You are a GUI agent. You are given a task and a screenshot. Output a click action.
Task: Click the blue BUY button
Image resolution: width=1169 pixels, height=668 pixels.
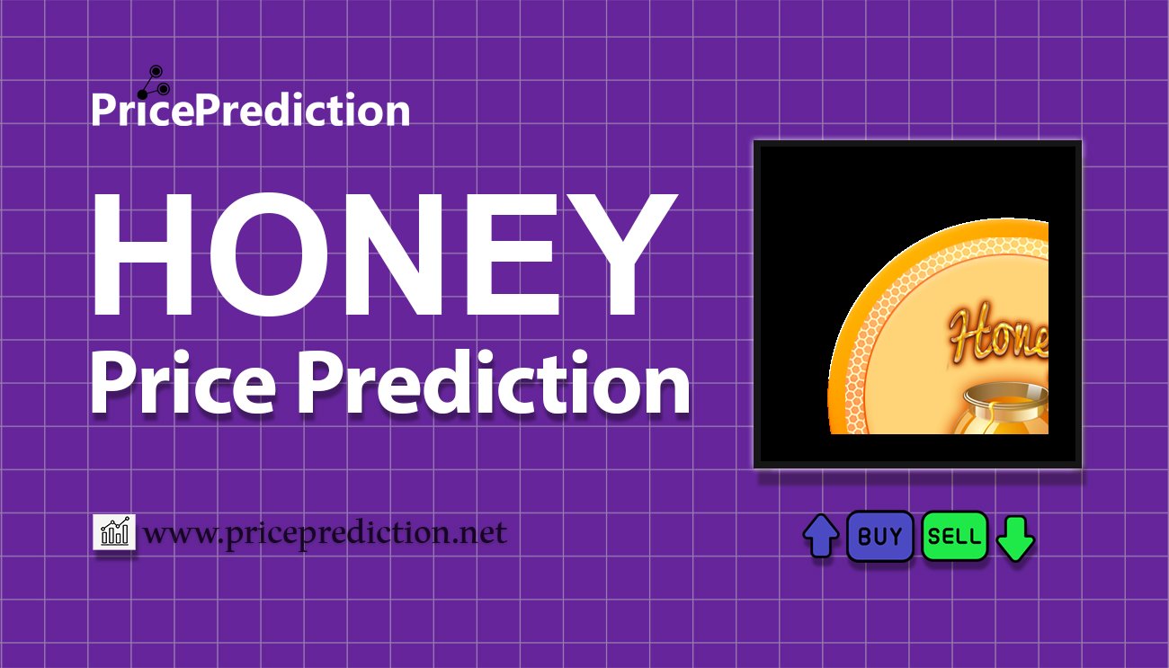(879, 537)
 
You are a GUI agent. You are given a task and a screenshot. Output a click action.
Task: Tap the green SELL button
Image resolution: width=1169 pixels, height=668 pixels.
(954, 537)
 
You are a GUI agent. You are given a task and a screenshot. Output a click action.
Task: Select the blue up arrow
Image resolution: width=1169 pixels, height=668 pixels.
(820, 537)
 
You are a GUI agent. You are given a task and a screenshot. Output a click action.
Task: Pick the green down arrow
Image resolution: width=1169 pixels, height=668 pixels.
(1016, 538)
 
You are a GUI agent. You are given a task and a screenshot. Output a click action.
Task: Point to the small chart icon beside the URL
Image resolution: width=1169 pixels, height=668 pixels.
(114, 532)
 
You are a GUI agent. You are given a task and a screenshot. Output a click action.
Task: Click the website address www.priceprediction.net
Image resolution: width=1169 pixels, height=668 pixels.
(326, 533)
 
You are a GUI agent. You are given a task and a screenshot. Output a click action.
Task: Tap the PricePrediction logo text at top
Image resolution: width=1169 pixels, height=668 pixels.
(251, 111)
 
